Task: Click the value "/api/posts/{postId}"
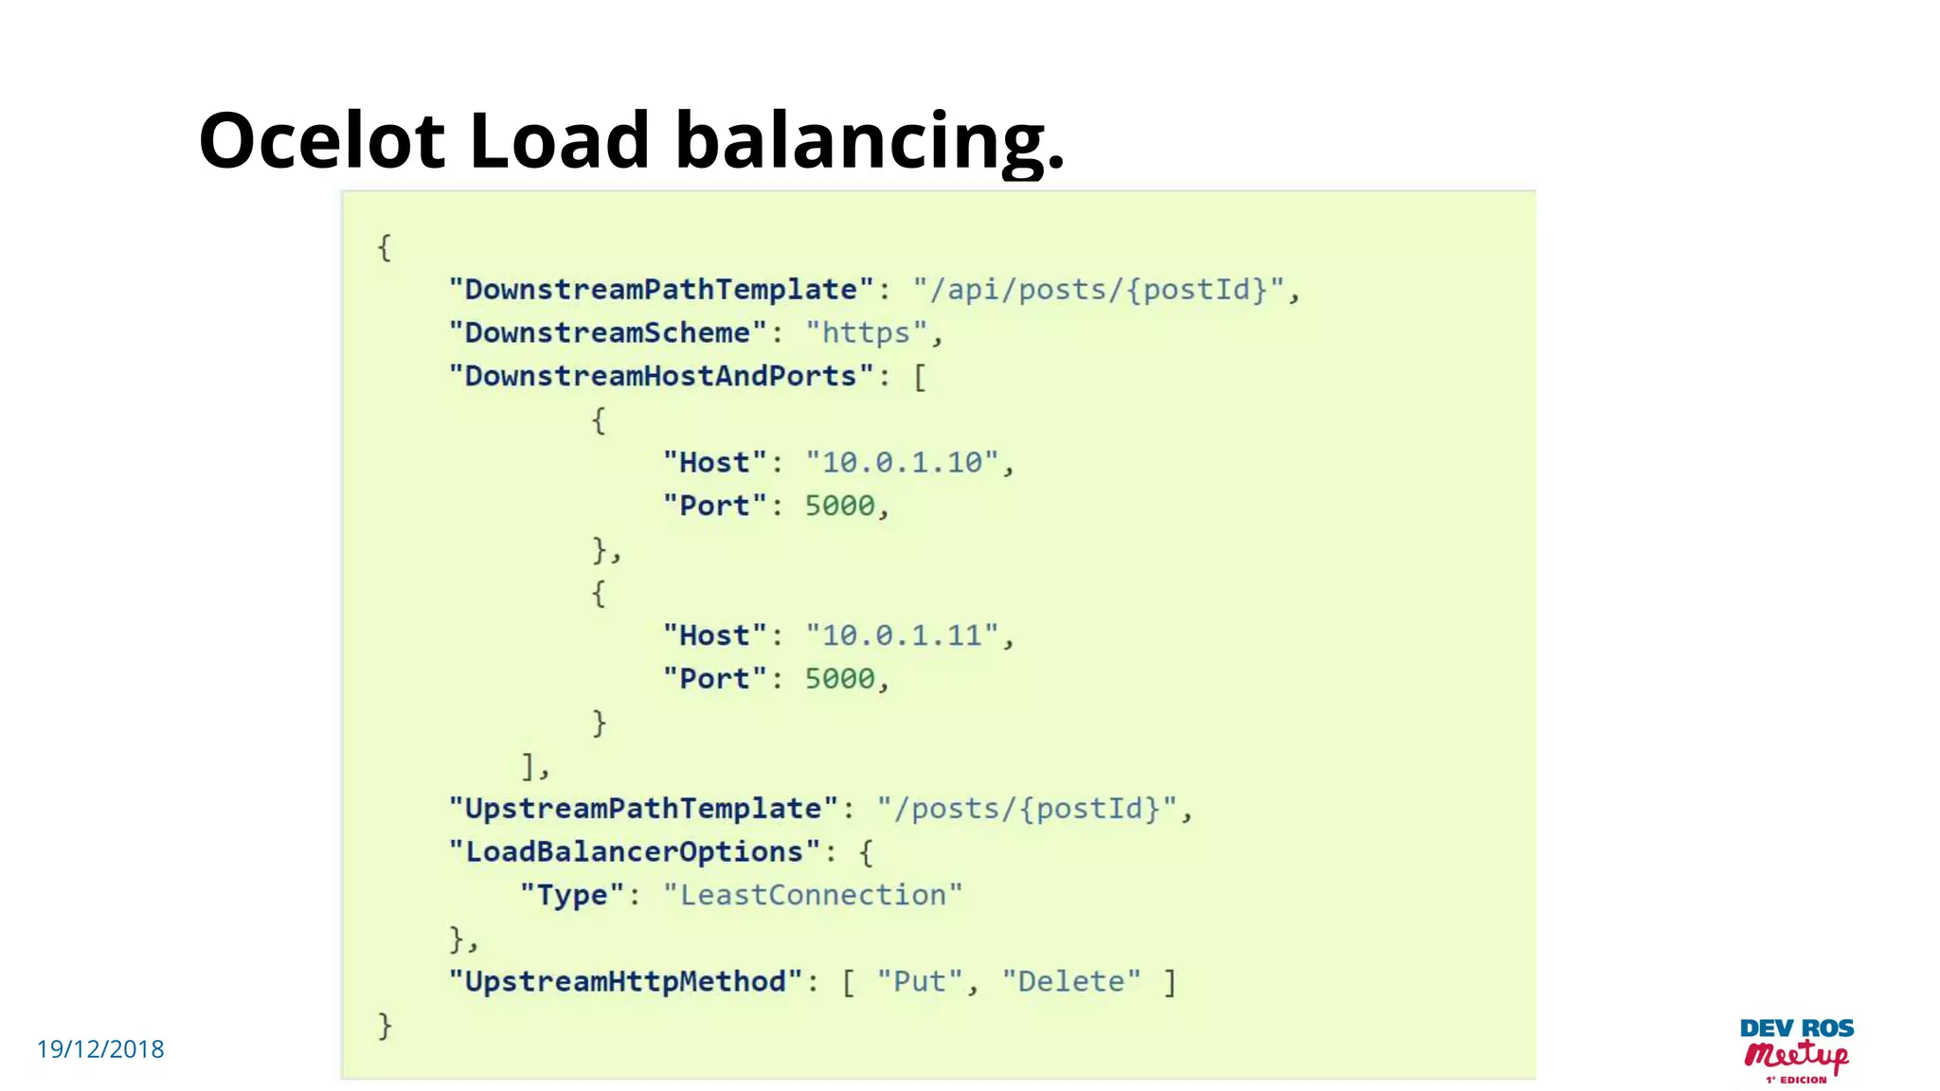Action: tap(1099, 289)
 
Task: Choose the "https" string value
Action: tap(866, 332)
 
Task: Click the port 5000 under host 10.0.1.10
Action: tap(839, 506)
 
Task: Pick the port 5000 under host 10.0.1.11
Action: tap(839, 678)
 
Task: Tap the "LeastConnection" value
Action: tap(813, 895)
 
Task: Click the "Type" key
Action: tap(572, 895)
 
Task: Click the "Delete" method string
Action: tap(1071, 981)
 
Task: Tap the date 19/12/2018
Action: tap(100, 1049)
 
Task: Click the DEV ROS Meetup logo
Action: tap(1796, 1050)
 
